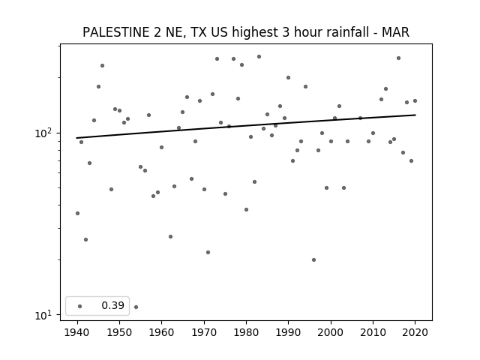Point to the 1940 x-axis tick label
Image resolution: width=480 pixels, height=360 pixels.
[x=77, y=332]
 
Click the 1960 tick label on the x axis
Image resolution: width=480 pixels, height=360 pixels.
[x=161, y=332]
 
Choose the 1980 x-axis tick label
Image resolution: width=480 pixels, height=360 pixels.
[x=246, y=332]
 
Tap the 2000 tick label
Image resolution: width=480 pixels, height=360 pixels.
[x=331, y=332]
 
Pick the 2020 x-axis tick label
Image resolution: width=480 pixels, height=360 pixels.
[x=415, y=332]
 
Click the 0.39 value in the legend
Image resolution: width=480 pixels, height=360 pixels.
[x=113, y=305]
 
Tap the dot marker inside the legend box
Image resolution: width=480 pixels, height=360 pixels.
[x=80, y=306]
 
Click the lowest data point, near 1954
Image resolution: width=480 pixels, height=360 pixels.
[x=136, y=307]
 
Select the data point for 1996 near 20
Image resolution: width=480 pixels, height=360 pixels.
[x=313, y=260]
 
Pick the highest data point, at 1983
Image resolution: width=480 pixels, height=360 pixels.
[x=259, y=57]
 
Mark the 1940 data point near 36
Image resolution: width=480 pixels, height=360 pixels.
[x=77, y=213]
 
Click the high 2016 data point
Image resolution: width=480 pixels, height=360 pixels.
[x=398, y=58]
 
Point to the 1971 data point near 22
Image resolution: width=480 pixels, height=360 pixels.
[x=208, y=253]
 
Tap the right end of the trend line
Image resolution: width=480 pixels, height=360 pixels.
[x=415, y=115]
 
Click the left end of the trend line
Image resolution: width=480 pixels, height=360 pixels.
[x=76, y=138]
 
